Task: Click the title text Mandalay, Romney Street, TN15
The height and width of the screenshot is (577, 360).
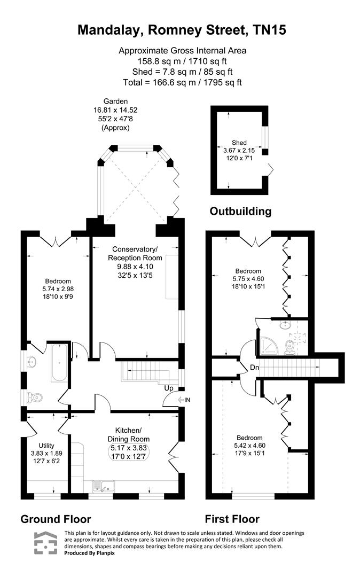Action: coord(182,30)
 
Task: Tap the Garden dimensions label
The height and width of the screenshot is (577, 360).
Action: coord(116,115)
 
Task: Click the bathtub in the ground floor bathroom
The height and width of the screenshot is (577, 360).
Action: coord(59,363)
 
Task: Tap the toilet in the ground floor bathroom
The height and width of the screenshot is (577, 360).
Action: coord(35,397)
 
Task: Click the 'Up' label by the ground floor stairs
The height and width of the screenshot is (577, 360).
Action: coord(167,388)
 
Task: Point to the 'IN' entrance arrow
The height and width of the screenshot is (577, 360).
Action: coord(183,400)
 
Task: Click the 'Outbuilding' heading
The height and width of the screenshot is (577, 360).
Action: coord(240,211)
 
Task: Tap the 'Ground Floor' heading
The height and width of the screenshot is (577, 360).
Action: coord(56,519)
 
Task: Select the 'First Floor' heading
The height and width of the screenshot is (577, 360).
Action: coord(232,519)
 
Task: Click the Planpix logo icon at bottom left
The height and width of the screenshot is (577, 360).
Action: coord(45,543)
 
